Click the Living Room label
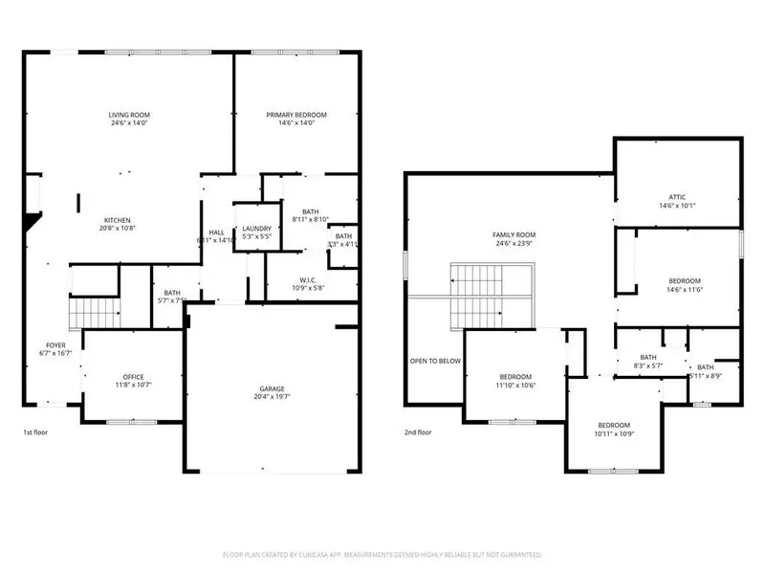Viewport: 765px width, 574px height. [x=127, y=115]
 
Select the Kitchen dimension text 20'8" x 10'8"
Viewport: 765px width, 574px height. [x=119, y=228]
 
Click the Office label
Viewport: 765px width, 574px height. [x=132, y=377]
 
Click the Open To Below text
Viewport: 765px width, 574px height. [x=435, y=362]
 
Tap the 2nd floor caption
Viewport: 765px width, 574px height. [x=417, y=432]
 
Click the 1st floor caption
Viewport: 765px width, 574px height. [x=35, y=432]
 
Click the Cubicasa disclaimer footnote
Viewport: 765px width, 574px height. [x=382, y=555]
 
